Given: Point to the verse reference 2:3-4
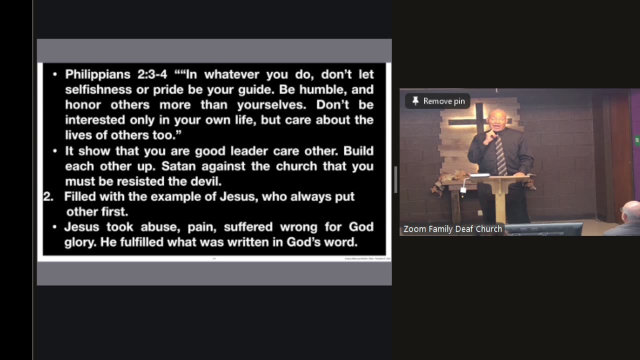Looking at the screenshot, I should tap(152, 75).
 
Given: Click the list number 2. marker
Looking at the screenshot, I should tap(48, 196).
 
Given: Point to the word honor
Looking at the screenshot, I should tap(82, 105).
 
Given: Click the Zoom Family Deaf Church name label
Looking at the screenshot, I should tap(452, 229).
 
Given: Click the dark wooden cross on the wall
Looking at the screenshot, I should tap(480, 122).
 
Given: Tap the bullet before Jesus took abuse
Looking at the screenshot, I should tap(55, 227).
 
